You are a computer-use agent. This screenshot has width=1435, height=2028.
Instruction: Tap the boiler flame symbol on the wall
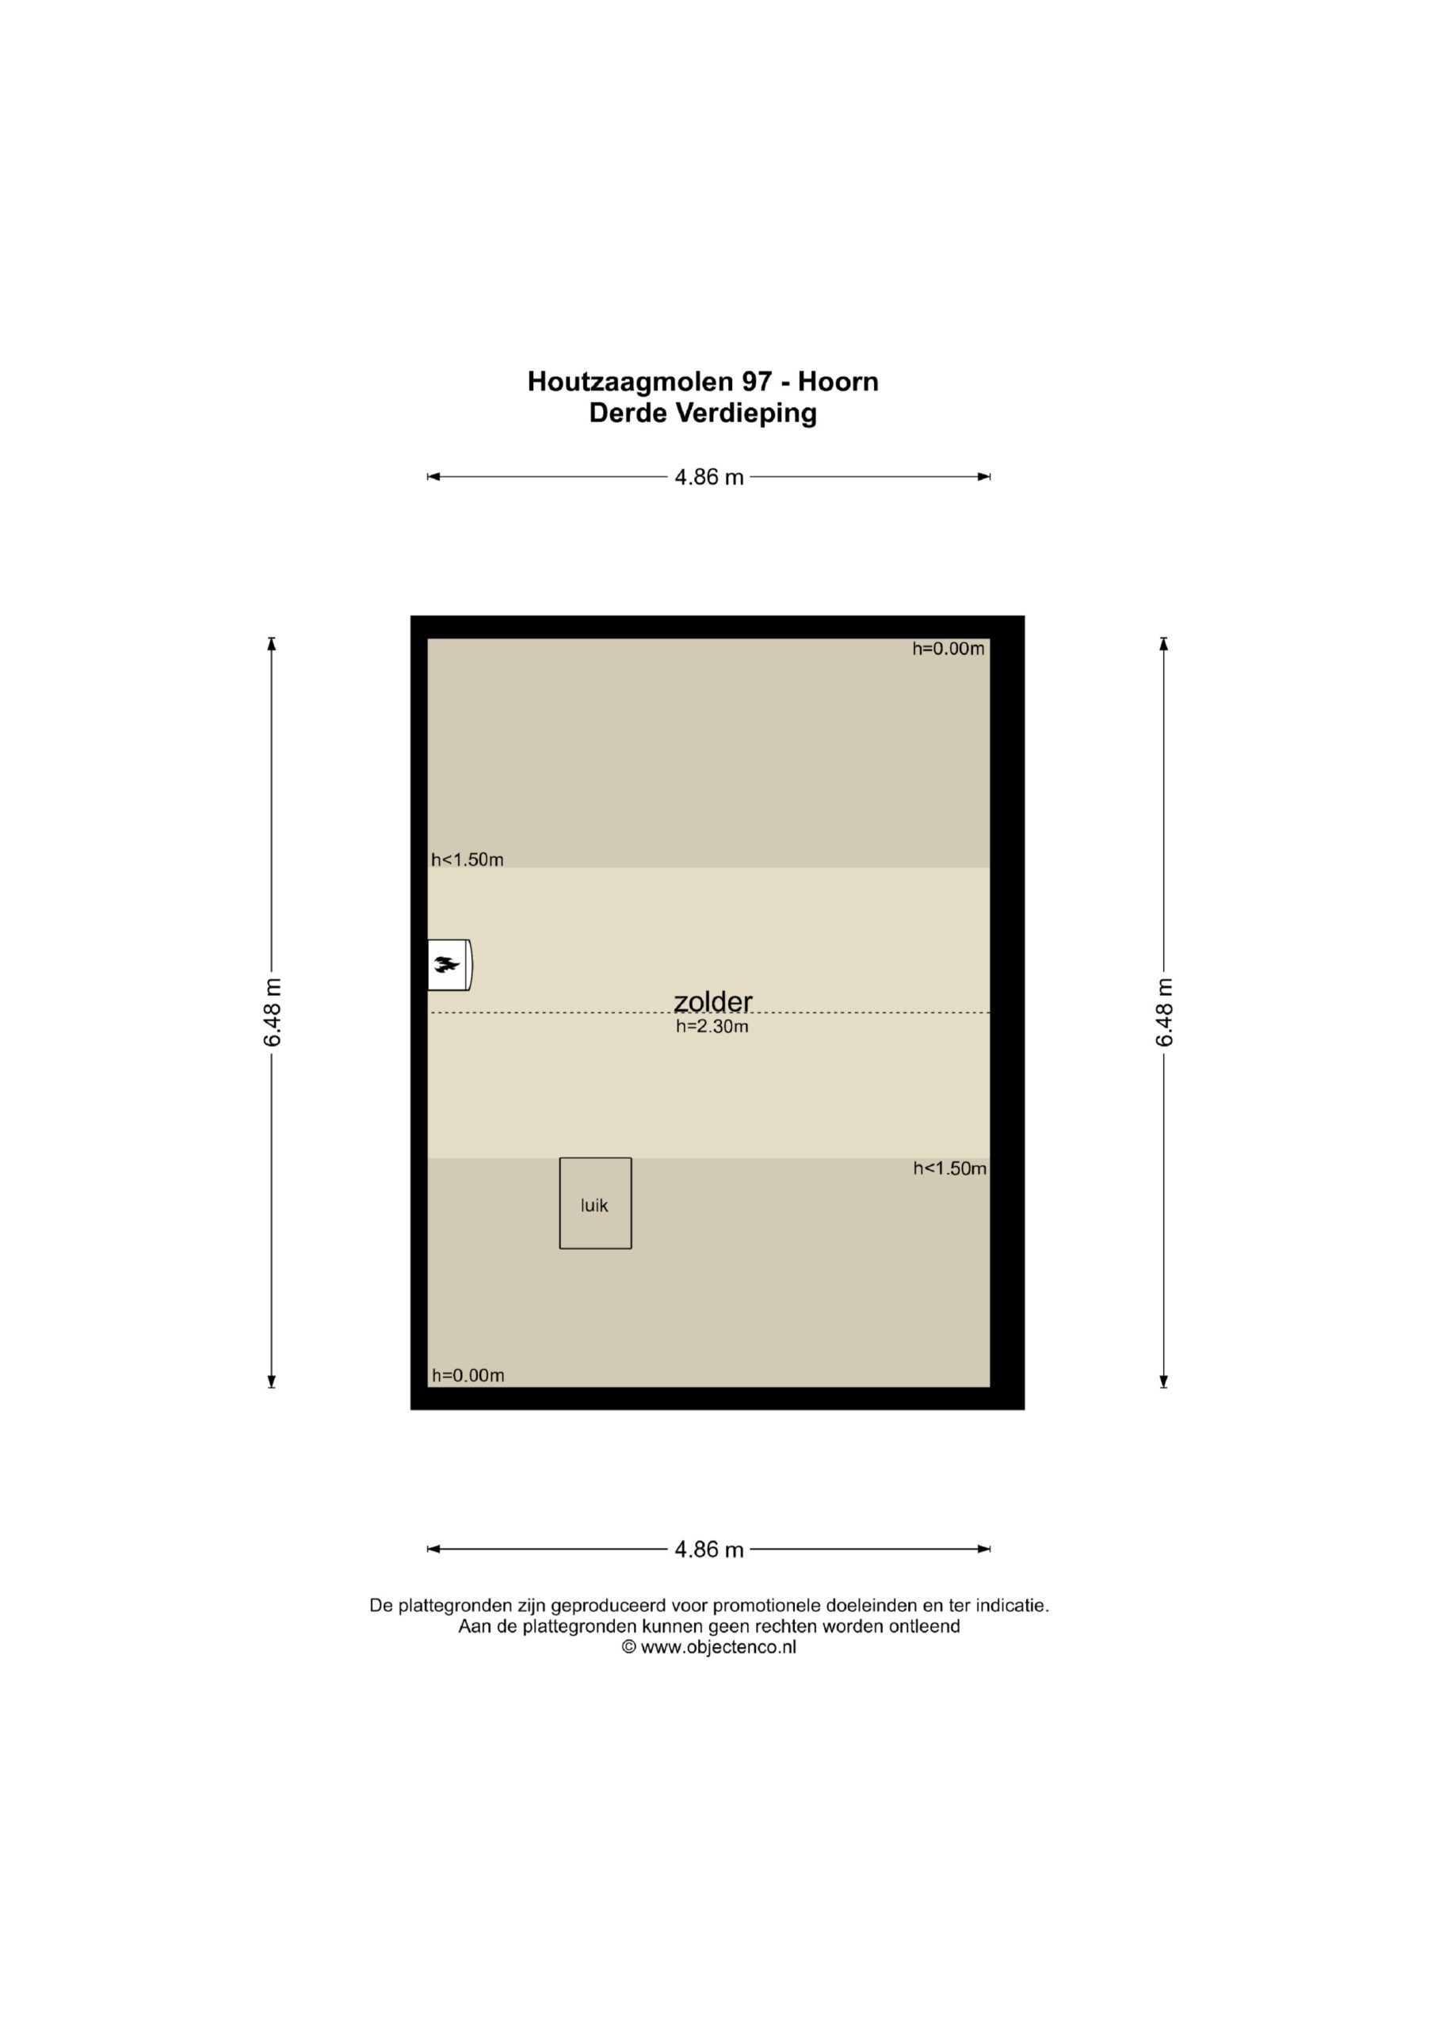447,965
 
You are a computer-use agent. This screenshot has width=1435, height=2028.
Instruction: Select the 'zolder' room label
713,1001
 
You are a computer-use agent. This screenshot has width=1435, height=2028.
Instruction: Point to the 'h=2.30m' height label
712,1027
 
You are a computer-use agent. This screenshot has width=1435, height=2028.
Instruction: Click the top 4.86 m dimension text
709,477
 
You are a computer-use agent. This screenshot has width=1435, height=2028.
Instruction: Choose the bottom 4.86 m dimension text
709,1550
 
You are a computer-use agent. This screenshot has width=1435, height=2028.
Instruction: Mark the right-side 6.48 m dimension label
1165,1012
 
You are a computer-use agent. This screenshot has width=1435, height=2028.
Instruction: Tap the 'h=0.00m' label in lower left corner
468,1375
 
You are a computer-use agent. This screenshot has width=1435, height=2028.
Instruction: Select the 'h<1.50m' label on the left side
468,860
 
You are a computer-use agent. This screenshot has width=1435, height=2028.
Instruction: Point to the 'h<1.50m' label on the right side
950,1168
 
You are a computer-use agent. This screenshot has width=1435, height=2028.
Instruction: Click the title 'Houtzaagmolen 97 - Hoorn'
704,382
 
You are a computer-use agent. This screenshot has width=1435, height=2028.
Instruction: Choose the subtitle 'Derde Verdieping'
704,414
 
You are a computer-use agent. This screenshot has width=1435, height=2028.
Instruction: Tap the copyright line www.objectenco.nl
709,1646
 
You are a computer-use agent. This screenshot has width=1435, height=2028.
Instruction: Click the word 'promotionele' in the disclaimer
767,1606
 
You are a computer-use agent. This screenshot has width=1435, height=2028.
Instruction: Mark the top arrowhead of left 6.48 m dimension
272,644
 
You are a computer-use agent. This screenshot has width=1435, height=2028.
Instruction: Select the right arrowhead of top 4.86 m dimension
983,477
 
